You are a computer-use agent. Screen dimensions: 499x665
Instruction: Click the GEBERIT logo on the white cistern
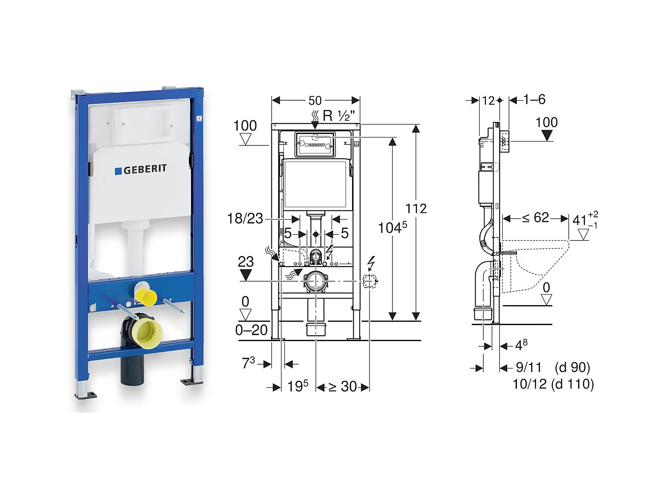[x=141, y=169]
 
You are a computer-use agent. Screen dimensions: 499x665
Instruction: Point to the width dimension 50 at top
[x=315, y=101]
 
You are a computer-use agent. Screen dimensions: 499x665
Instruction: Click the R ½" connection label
[x=338, y=116]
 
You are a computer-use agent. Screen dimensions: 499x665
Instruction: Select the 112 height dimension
[x=416, y=208]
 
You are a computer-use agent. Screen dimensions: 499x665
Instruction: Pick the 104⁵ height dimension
[x=392, y=228]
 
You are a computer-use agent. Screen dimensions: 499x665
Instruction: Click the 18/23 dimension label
[x=245, y=218]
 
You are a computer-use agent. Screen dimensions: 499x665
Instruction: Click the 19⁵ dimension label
[x=297, y=386]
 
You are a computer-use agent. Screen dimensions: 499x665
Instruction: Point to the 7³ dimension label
[x=248, y=363]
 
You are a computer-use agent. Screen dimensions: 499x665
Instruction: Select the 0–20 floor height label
[x=251, y=330]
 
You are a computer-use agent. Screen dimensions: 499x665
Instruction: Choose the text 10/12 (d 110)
[x=553, y=384]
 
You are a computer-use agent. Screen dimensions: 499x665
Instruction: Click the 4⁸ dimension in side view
[x=521, y=345]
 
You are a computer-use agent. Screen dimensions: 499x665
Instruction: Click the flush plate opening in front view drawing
[x=315, y=145]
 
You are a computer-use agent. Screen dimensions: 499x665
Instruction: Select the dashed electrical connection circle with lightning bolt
[x=369, y=281]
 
